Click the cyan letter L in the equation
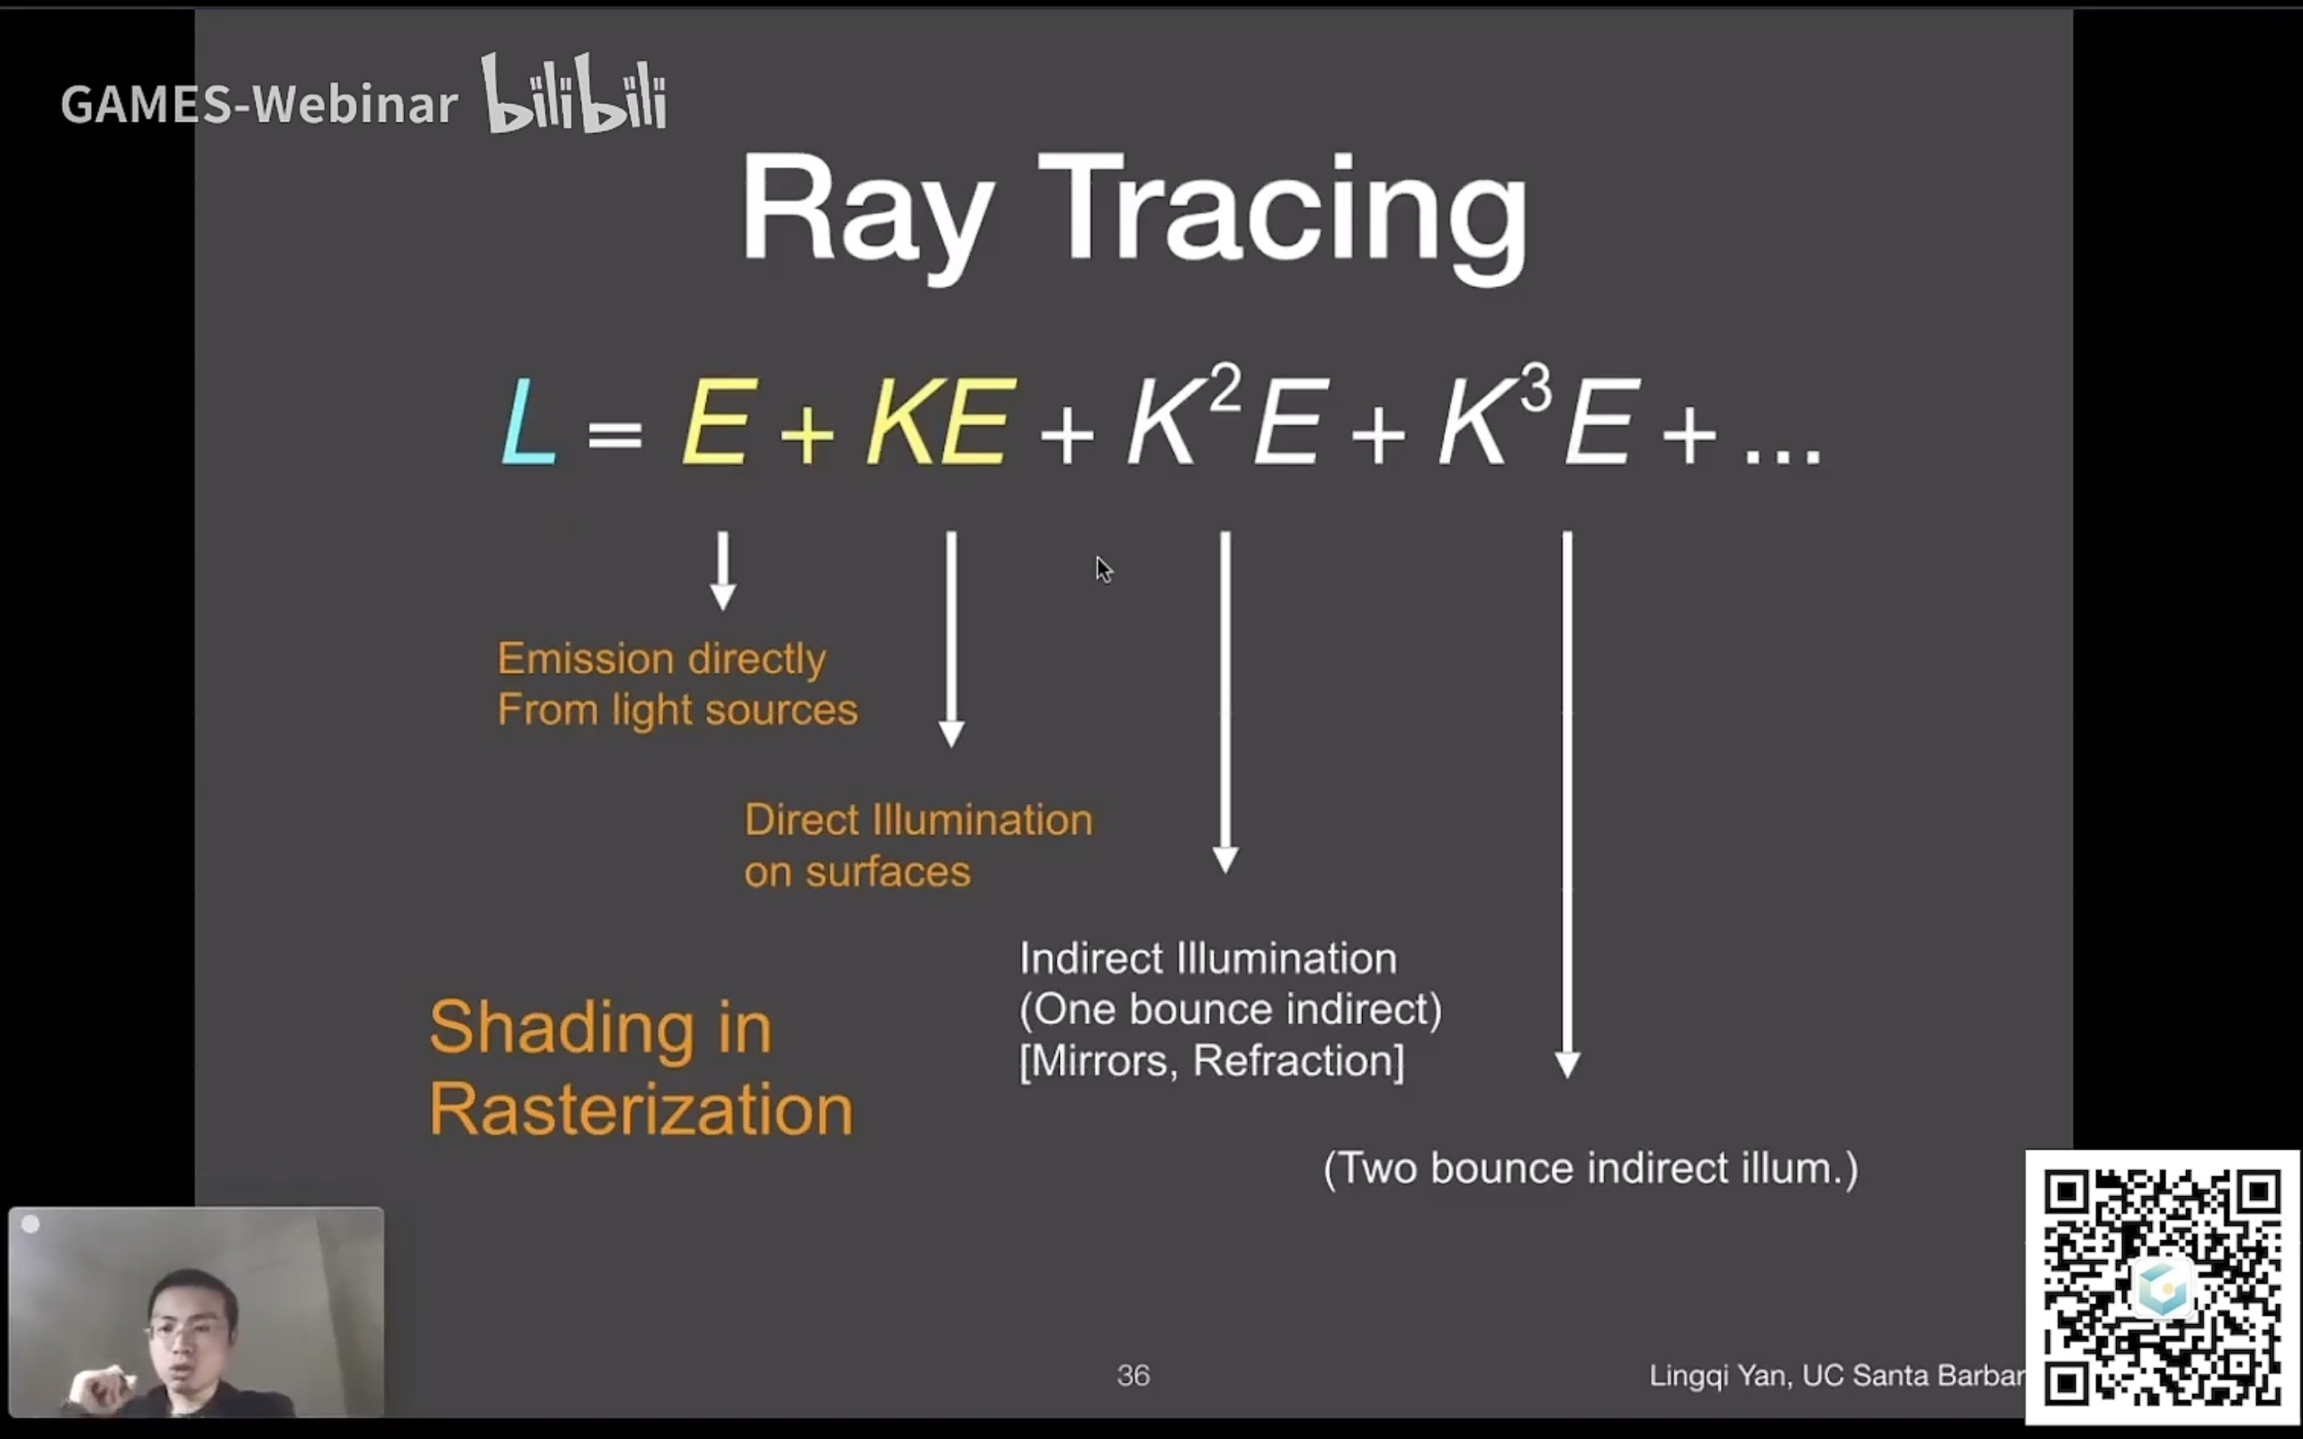click(528, 422)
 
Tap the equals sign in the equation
click(614, 434)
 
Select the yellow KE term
click(938, 421)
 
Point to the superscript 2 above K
click(1226, 388)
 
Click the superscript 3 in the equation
click(1536, 388)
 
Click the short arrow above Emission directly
click(723, 570)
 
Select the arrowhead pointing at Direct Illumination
click(952, 734)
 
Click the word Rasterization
click(641, 1110)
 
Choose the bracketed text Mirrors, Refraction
click(1212, 1060)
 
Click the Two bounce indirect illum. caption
click(1591, 1168)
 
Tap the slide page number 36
click(1133, 1375)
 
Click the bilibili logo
click(575, 94)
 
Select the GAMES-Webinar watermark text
click(259, 103)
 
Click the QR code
click(2162, 1287)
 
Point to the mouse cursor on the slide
click(1103, 570)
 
